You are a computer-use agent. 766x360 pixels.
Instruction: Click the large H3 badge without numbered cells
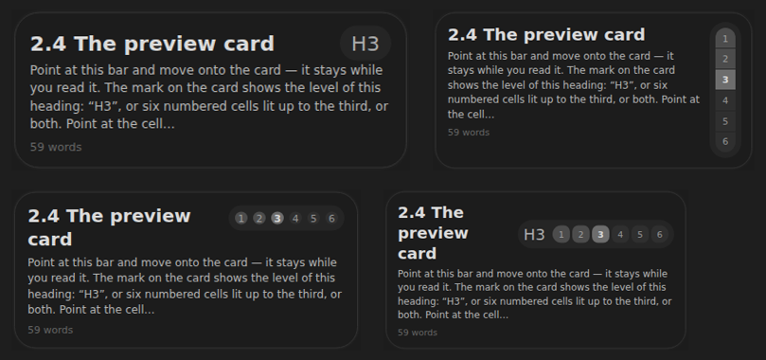tap(365, 44)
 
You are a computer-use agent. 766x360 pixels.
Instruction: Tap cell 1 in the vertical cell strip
tap(725, 39)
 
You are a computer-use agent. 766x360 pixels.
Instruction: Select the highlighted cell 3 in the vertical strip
tap(725, 80)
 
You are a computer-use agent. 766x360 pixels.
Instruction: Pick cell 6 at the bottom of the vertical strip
tap(725, 142)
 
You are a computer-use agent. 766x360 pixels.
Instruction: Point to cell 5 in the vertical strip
tap(725, 121)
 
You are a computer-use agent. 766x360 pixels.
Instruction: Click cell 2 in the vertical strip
tap(725, 59)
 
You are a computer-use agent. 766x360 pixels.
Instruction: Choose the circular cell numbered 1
tap(240, 218)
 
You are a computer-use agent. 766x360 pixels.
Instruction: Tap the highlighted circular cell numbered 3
tap(277, 218)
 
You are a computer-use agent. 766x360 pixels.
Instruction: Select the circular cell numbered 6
tap(331, 218)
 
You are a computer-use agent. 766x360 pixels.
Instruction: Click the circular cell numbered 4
tap(295, 218)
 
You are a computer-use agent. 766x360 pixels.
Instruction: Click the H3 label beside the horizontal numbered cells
tap(534, 235)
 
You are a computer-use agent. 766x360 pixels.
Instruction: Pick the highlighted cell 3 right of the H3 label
tap(600, 235)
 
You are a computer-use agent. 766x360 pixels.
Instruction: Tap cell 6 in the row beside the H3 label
tap(660, 235)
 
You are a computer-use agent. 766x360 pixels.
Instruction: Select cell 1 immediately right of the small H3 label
tap(561, 235)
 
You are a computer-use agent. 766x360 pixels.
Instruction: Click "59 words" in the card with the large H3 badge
tap(56, 147)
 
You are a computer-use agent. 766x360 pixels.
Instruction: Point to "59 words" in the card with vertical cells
tap(469, 133)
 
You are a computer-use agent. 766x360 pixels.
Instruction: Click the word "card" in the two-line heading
tap(50, 240)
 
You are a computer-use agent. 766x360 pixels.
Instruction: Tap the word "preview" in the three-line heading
tap(433, 233)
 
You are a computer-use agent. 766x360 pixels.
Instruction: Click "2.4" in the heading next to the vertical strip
tap(462, 35)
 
